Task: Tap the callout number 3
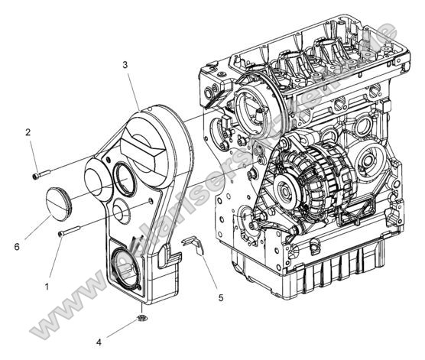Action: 125,66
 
